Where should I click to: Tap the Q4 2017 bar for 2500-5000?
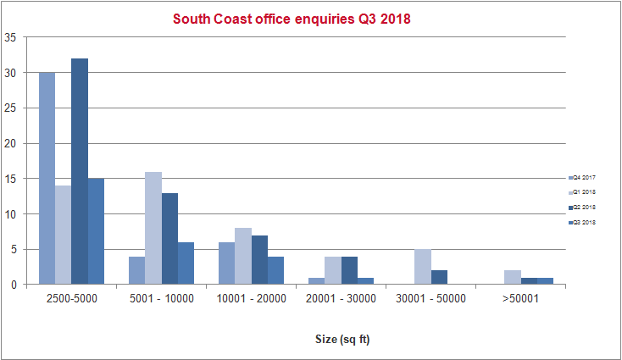[x=47, y=179]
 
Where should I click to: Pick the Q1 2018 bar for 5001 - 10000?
[x=153, y=228]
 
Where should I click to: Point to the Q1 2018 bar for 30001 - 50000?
[x=423, y=267]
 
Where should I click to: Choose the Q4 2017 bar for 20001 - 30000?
[x=317, y=280]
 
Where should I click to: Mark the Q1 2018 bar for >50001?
[x=513, y=277]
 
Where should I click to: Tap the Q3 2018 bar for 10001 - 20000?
[x=276, y=270]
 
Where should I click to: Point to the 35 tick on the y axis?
[x=11, y=37]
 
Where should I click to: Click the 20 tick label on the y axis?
[x=11, y=143]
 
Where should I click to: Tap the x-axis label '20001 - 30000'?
[x=341, y=299]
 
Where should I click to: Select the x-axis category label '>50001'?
[x=520, y=299]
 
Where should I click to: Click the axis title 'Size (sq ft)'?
[x=341, y=341]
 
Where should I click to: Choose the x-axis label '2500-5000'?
[x=71, y=299]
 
